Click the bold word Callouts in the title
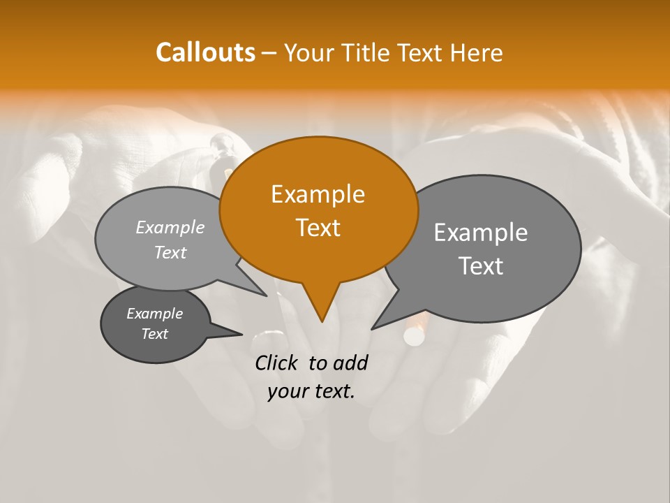coord(205,52)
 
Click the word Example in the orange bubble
coord(318,194)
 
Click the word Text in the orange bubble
coord(318,228)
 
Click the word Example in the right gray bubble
coord(480,233)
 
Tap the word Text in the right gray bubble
coord(481,266)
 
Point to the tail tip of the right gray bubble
coord(373,328)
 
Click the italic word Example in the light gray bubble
coord(170,228)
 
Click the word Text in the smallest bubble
coord(155,334)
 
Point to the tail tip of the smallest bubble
coord(241,334)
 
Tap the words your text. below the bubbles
coord(311,391)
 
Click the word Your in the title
coord(310,53)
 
